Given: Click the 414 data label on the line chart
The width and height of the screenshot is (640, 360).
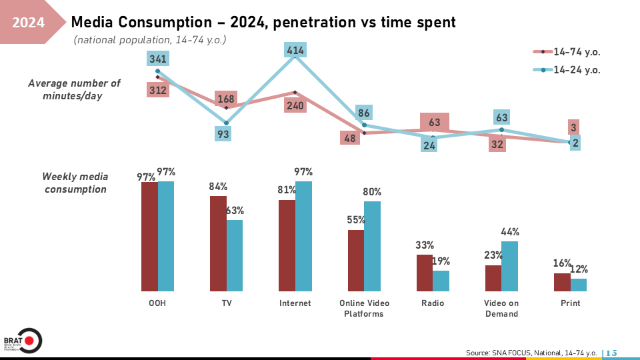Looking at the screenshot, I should tap(295, 51).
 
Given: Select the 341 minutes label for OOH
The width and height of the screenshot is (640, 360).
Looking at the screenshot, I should tap(158, 59).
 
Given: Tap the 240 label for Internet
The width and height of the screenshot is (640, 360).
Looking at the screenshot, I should tap(295, 105).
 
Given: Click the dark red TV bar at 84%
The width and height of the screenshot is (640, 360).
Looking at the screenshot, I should tap(218, 243).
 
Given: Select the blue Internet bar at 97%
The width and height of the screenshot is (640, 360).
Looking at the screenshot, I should tap(304, 236).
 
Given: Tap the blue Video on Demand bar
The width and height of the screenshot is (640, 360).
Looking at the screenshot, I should tap(510, 266).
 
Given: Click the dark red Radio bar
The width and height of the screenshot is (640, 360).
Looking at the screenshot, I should tap(425, 273).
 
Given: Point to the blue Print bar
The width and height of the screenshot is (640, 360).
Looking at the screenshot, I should tap(579, 285).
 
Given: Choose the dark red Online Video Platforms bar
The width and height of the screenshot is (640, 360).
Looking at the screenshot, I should tap(356, 261).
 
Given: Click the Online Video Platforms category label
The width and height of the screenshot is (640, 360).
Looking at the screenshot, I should tap(364, 308).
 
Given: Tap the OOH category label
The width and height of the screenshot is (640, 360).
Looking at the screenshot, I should tap(158, 303).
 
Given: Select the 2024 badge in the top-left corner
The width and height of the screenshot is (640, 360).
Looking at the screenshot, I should tap(29, 23).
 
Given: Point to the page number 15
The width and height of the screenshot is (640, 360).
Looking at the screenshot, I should tap(611, 352).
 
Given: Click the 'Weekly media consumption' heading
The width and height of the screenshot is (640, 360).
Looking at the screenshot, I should tap(74, 183).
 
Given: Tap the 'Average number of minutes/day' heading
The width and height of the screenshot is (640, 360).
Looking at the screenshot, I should tap(74, 89).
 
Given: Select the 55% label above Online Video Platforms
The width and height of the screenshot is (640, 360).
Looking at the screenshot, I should tap(356, 219).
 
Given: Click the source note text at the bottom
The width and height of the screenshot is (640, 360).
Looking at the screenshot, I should tap(531, 352).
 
